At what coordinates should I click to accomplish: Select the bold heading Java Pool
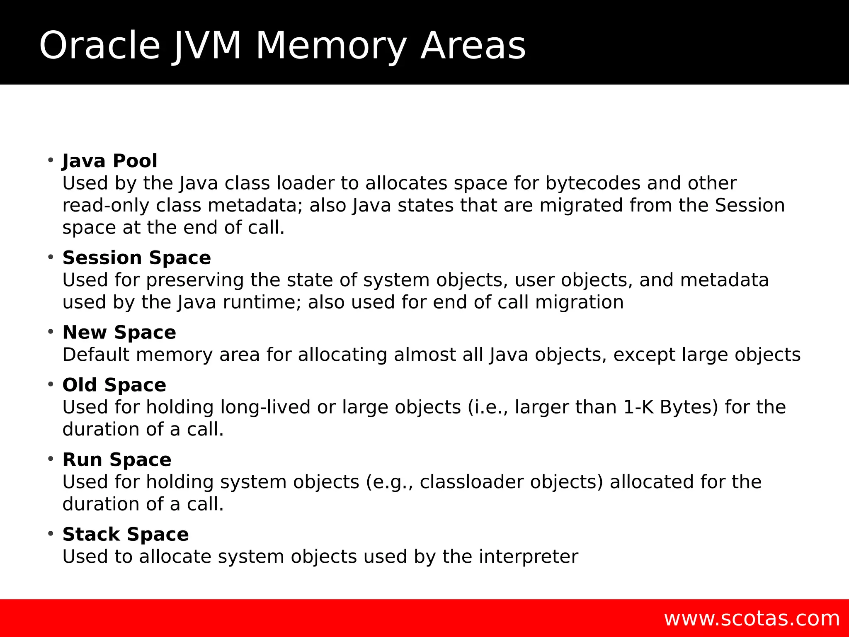coord(110,161)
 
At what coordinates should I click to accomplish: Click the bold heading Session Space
coord(137,258)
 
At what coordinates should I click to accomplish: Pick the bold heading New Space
coord(119,333)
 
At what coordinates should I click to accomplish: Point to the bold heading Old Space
coord(114,385)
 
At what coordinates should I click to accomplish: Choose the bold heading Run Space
coord(117,460)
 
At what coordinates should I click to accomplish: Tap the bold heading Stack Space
coord(126,535)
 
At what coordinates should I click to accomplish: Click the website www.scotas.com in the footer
coord(752,619)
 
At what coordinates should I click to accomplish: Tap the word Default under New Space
coord(96,355)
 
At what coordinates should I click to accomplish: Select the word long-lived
coord(265,407)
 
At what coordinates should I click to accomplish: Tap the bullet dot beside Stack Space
coord(51,533)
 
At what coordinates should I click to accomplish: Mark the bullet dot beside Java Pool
coord(51,160)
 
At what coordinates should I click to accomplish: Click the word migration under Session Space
coord(579,302)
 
